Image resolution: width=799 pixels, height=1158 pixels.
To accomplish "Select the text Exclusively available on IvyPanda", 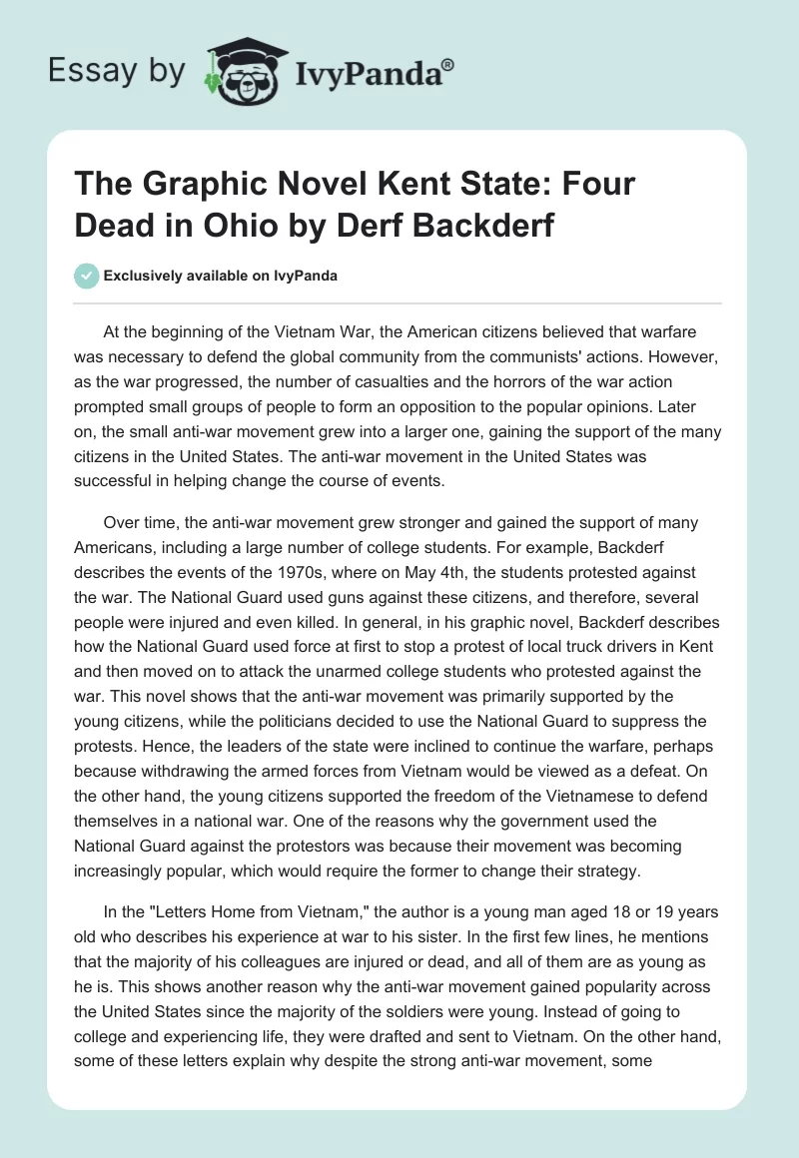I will (x=219, y=276).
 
